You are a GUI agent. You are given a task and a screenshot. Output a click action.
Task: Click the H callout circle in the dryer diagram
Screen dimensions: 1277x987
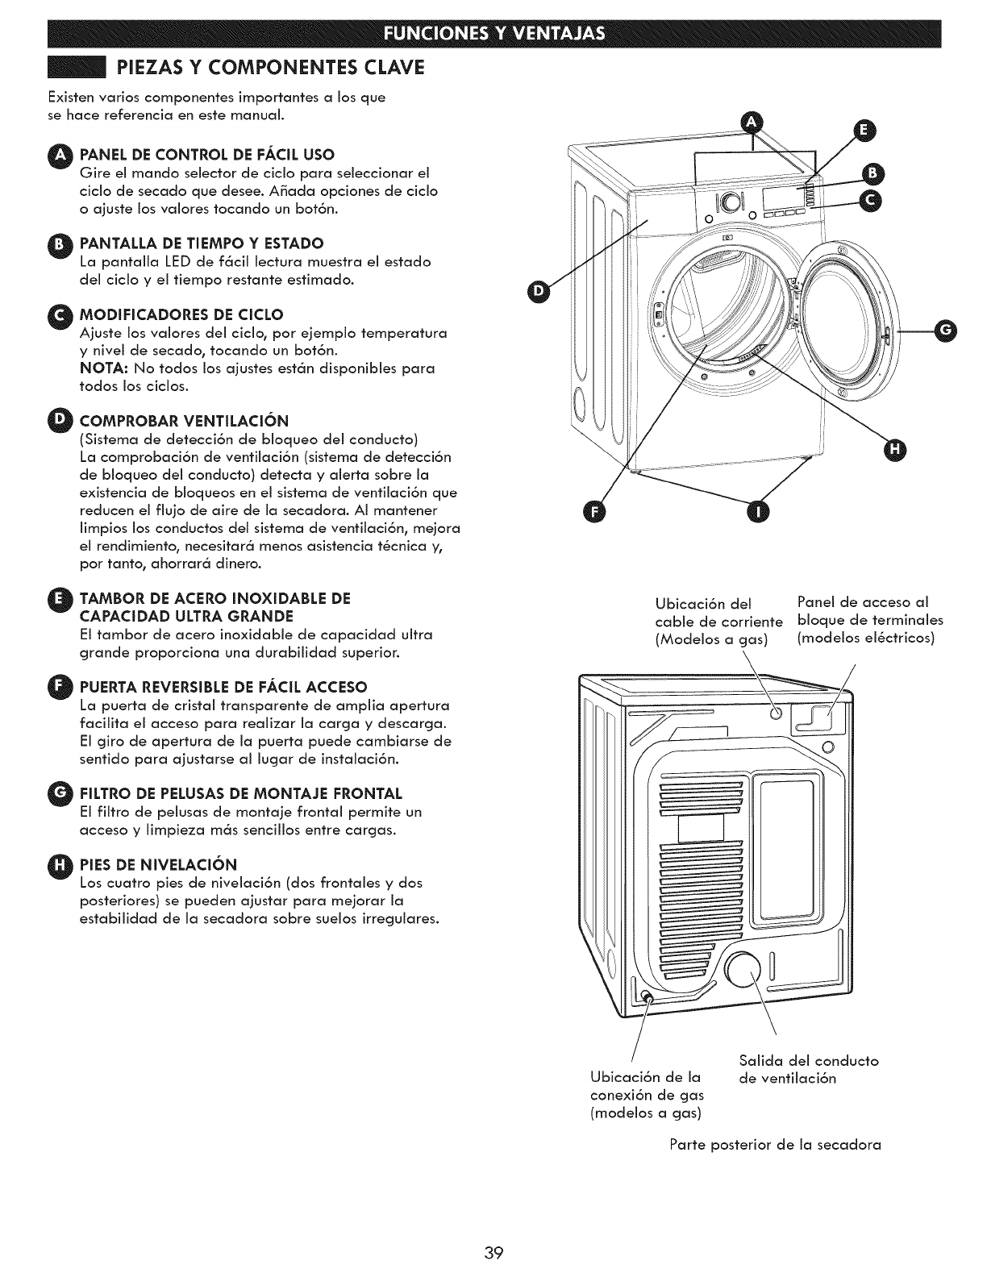coord(895,451)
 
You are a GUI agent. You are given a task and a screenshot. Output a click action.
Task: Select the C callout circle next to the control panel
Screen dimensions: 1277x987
coord(871,202)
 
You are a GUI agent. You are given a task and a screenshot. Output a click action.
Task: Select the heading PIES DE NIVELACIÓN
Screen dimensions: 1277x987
coord(157,865)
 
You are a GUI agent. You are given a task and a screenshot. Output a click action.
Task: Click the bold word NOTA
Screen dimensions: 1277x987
coord(101,368)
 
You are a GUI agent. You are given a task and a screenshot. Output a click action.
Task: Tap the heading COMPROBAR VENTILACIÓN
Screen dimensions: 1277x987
coord(184,421)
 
